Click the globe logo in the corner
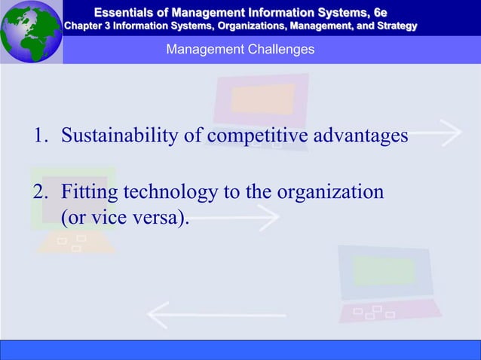point(30,32)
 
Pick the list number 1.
point(38,136)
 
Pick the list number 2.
point(38,192)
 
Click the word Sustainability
point(121,136)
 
